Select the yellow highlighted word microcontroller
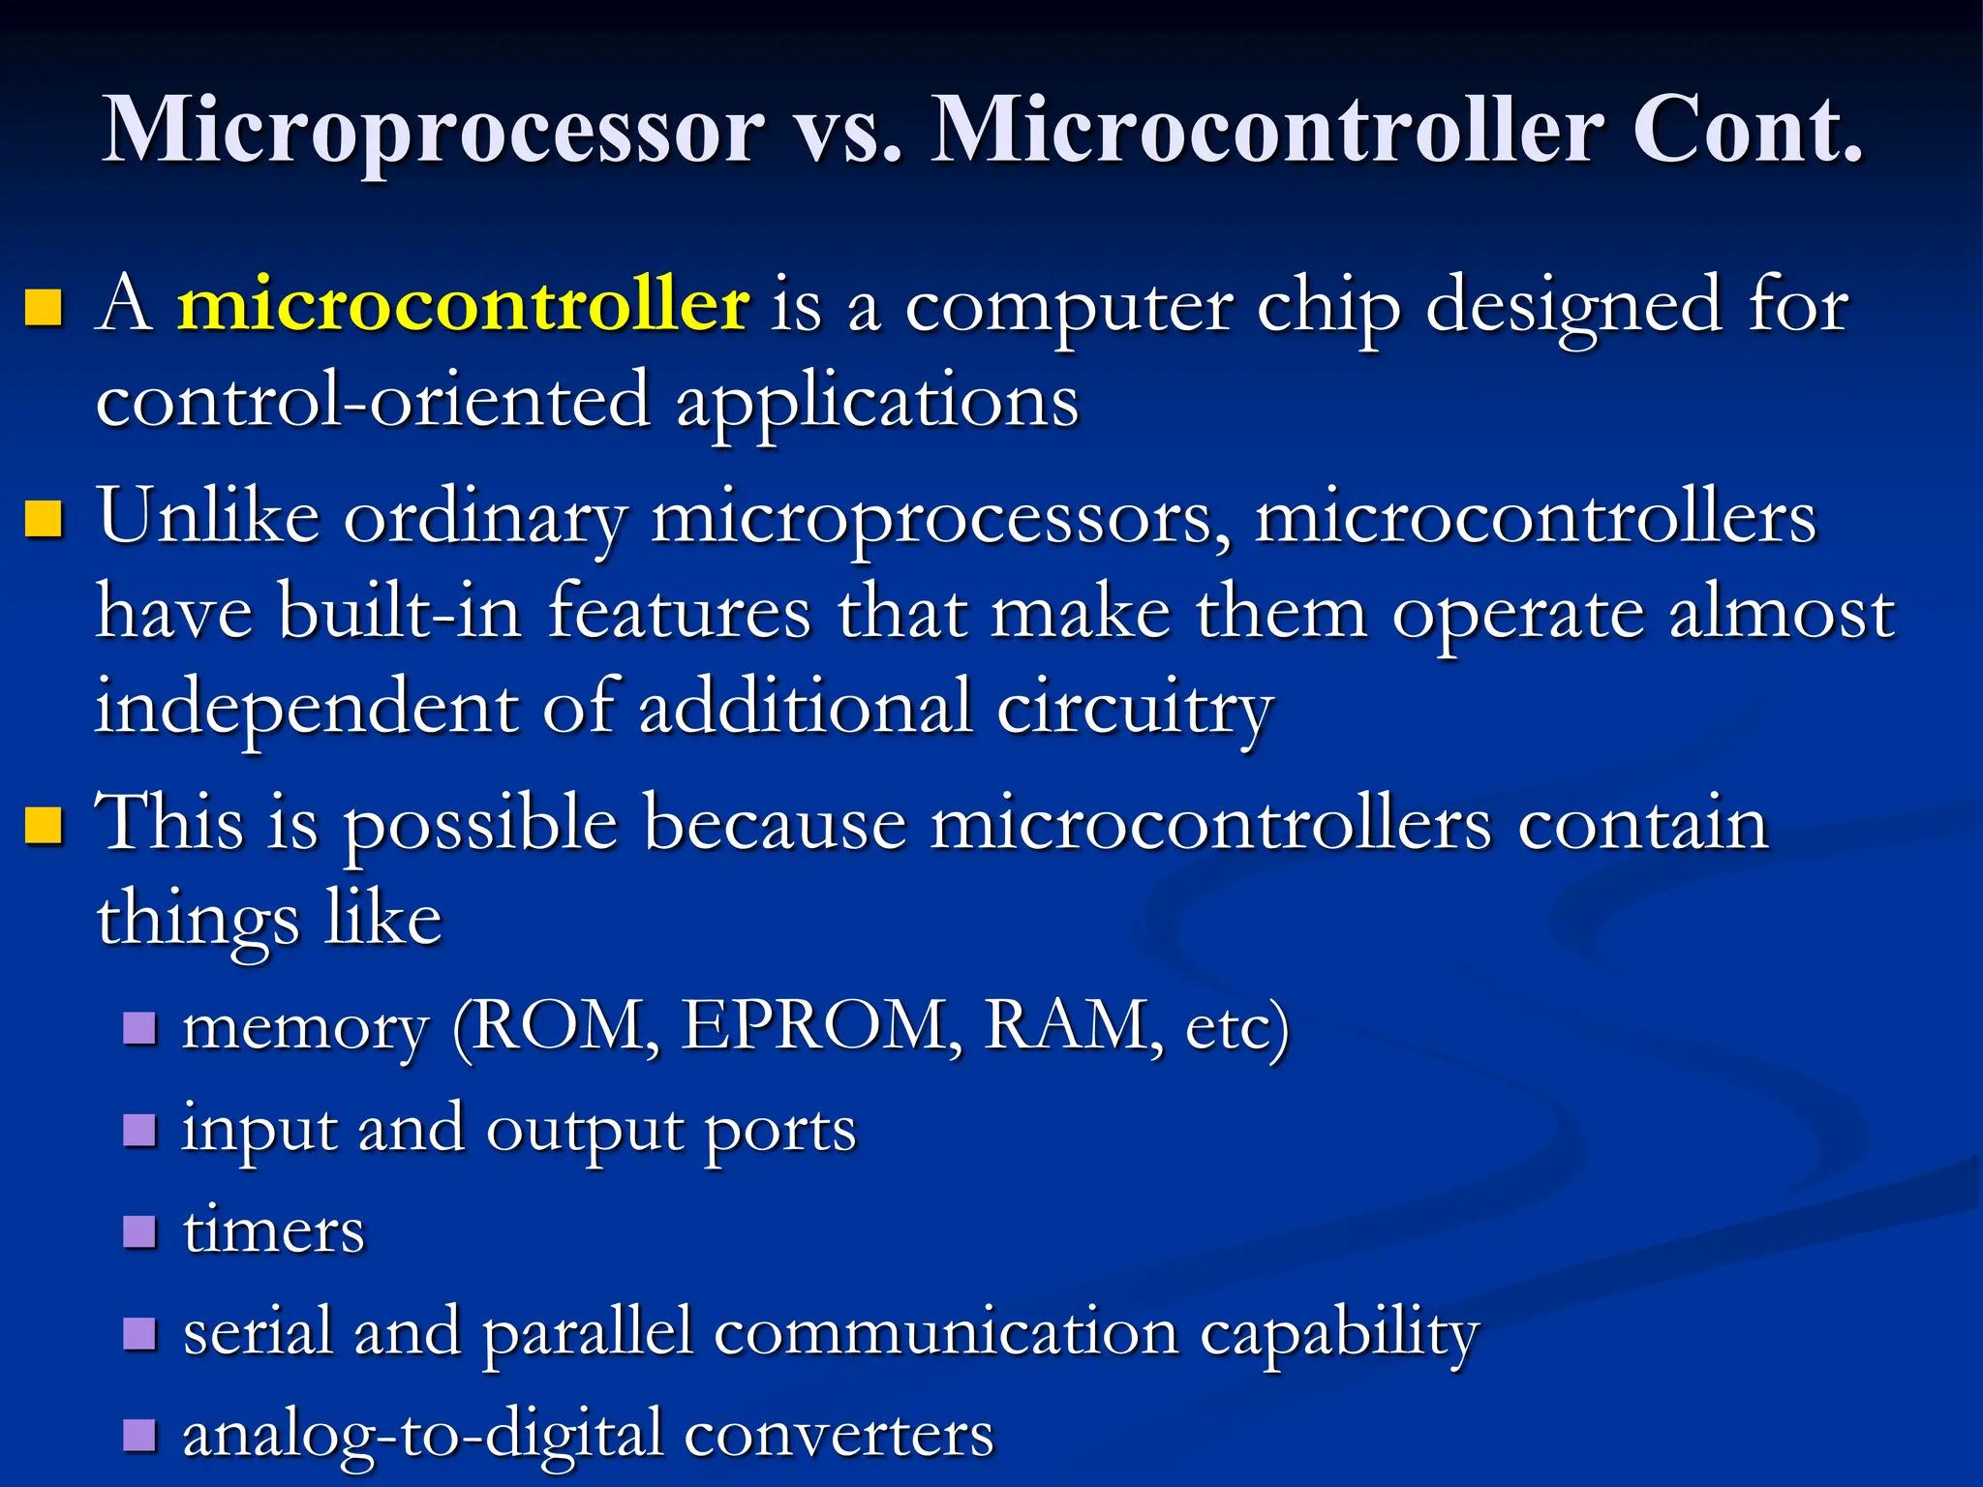[x=463, y=305]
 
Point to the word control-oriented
[x=373, y=401]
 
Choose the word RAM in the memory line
[x=1066, y=1025]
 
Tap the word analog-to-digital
[x=422, y=1436]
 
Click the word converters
[x=839, y=1436]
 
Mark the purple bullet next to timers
[x=140, y=1231]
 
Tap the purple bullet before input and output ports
[x=140, y=1129]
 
